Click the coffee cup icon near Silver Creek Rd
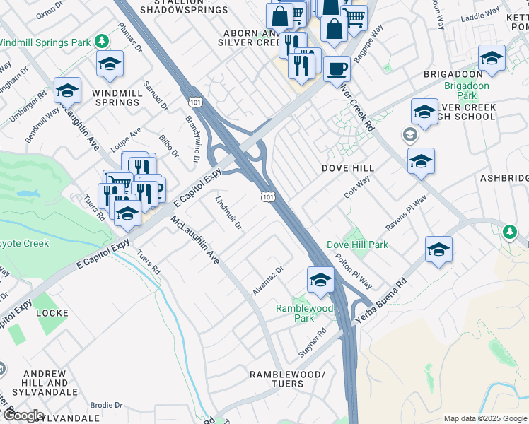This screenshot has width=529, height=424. pyautogui.click(x=337, y=69)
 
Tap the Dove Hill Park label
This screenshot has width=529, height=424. pyautogui.click(x=357, y=245)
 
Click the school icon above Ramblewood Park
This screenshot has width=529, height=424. pyautogui.click(x=320, y=280)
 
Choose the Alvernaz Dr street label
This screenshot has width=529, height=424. pyautogui.click(x=268, y=281)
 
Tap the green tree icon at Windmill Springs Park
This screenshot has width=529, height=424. pyautogui.click(x=102, y=42)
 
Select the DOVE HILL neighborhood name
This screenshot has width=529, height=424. pyautogui.click(x=347, y=168)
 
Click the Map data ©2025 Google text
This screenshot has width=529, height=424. pyautogui.click(x=485, y=418)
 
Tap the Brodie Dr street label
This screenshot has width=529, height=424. pyautogui.click(x=107, y=405)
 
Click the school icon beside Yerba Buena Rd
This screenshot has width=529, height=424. pyautogui.click(x=438, y=249)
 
